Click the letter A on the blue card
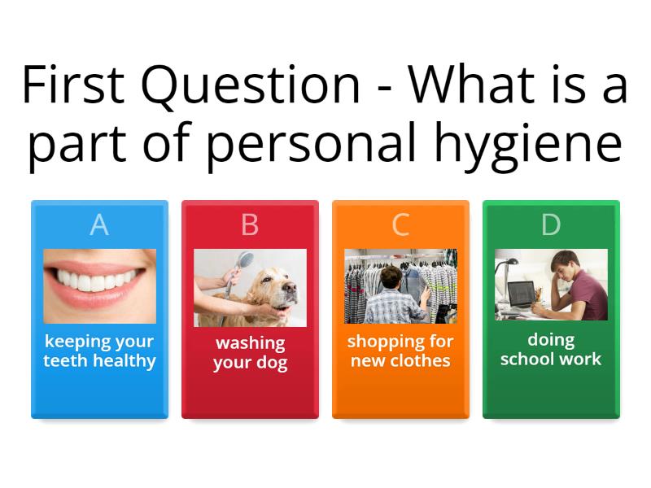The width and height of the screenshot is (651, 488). click(x=99, y=224)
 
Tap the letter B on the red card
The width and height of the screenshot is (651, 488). click(x=250, y=224)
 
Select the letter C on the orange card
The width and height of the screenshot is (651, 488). click(x=400, y=224)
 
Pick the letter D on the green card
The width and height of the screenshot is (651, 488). click(x=551, y=224)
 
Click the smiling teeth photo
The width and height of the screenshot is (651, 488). click(x=99, y=287)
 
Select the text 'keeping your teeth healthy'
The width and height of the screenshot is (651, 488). click(x=99, y=351)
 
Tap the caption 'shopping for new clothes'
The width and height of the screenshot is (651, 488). click(x=400, y=351)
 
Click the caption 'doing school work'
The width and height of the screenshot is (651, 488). click(x=551, y=349)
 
